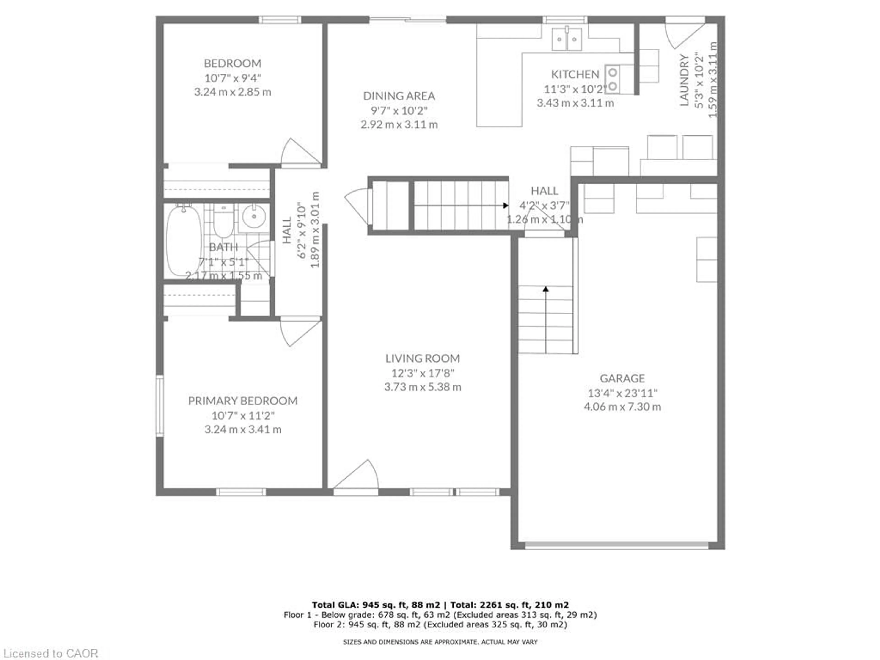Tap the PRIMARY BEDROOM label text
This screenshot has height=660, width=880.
click(x=243, y=401)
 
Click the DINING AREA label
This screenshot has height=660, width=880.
click(x=399, y=96)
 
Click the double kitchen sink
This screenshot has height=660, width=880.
click(x=566, y=39)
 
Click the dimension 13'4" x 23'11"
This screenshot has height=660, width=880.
click(x=622, y=393)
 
